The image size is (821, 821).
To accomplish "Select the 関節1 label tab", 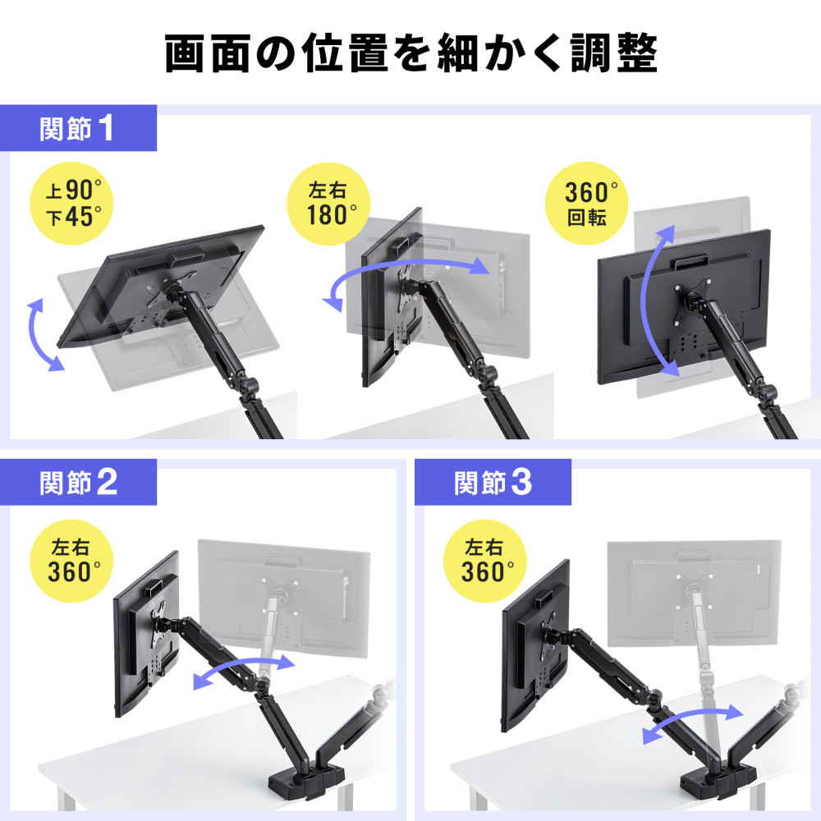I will pyautogui.click(x=77, y=129).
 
